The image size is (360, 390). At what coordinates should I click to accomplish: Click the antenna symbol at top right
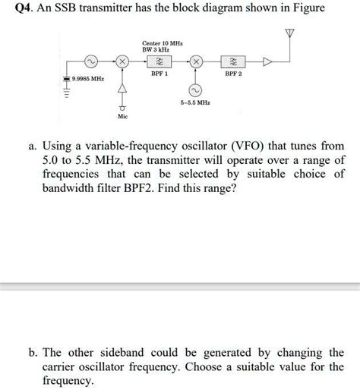click(289, 35)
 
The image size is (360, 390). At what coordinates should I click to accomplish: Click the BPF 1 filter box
click(159, 61)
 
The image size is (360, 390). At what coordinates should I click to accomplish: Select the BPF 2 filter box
click(232, 61)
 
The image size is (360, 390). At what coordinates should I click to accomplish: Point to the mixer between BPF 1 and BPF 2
click(195, 61)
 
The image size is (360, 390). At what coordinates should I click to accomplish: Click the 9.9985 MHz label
click(88, 79)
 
